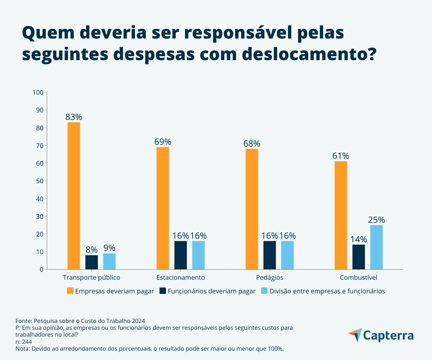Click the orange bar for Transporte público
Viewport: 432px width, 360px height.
[x=74, y=196]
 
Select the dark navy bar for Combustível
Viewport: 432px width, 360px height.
[x=359, y=257]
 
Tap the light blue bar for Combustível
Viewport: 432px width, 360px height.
[x=376, y=247]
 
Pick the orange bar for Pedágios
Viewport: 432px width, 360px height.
[x=252, y=209]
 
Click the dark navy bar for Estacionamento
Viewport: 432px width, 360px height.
[x=181, y=255]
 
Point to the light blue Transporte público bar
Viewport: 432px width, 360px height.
[x=109, y=261]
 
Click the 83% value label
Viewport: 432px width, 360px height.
[x=74, y=117]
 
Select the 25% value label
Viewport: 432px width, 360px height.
[x=376, y=220]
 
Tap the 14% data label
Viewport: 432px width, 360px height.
[x=359, y=239]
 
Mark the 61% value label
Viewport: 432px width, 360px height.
[x=341, y=156]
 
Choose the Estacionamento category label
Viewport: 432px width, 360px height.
[x=181, y=278]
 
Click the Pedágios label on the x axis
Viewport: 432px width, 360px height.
[x=270, y=278]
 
